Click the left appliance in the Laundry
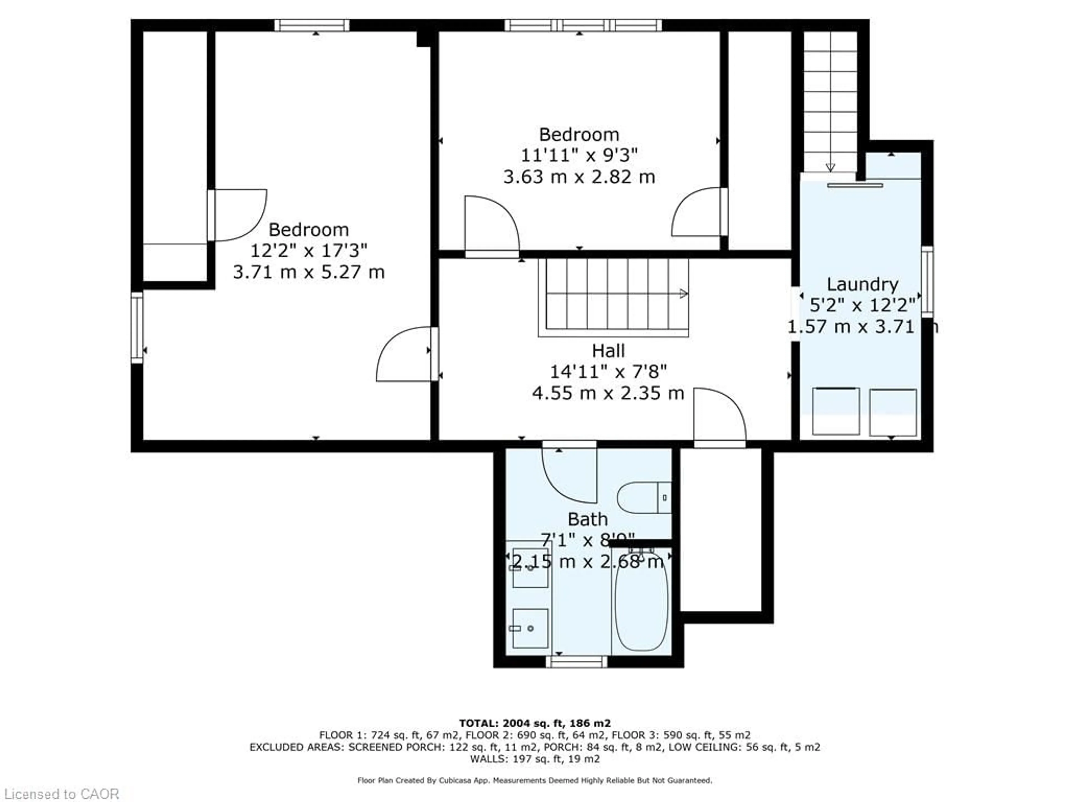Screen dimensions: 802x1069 point(836,411)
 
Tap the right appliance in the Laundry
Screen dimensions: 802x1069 point(893,412)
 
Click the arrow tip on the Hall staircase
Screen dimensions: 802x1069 point(684,294)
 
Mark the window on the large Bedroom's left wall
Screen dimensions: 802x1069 point(137,327)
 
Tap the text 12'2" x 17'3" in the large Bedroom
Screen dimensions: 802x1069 point(308,250)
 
